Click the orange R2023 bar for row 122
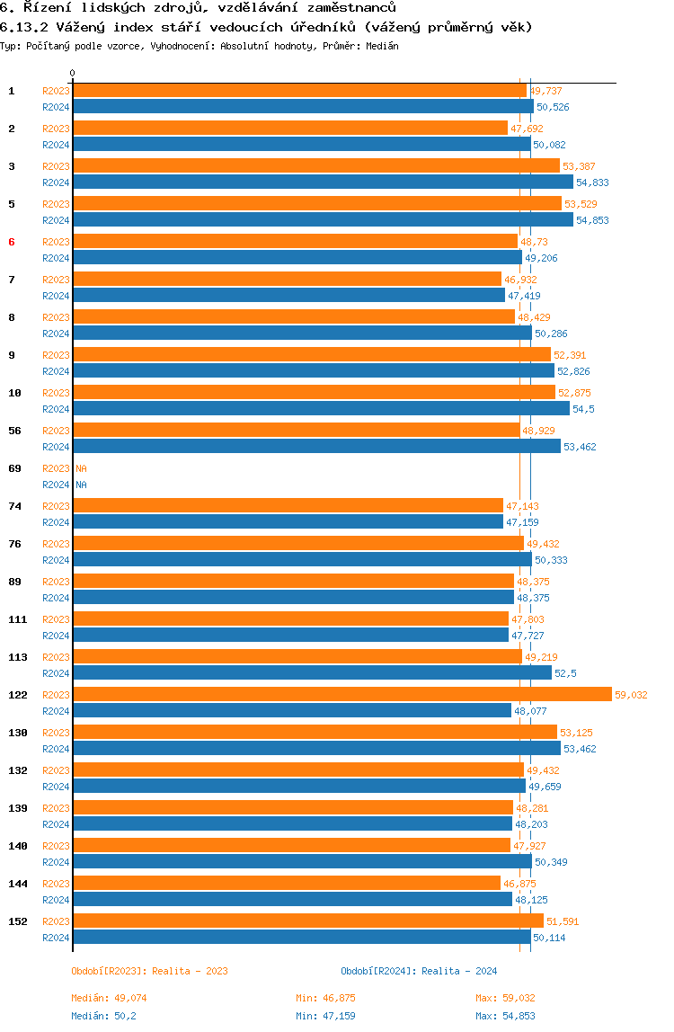click(x=342, y=694)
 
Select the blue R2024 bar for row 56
click(x=316, y=446)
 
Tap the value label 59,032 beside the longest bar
click(x=631, y=695)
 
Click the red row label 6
click(x=11, y=242)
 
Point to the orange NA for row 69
click(x=81, y=468)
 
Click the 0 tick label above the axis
click(x=73, y=73)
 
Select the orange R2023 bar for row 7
click(x=287, y=279)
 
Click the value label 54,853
click(x=592, y=220)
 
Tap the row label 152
click(x=18, y=921)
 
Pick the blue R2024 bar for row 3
click(x=324, y=182)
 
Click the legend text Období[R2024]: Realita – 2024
click(x=419, y=971)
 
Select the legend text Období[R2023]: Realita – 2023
click(x=149, y=971)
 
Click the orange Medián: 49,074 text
click(x=109, y=998)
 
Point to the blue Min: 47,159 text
click(x=325, y=1016)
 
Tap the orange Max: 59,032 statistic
click(x=505, y=998)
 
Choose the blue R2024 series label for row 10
click(x=56, y=409)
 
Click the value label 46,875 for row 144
click(x=520, y=884)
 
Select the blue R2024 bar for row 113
click(x=312, y=672)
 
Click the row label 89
click(x=14, y=582)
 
